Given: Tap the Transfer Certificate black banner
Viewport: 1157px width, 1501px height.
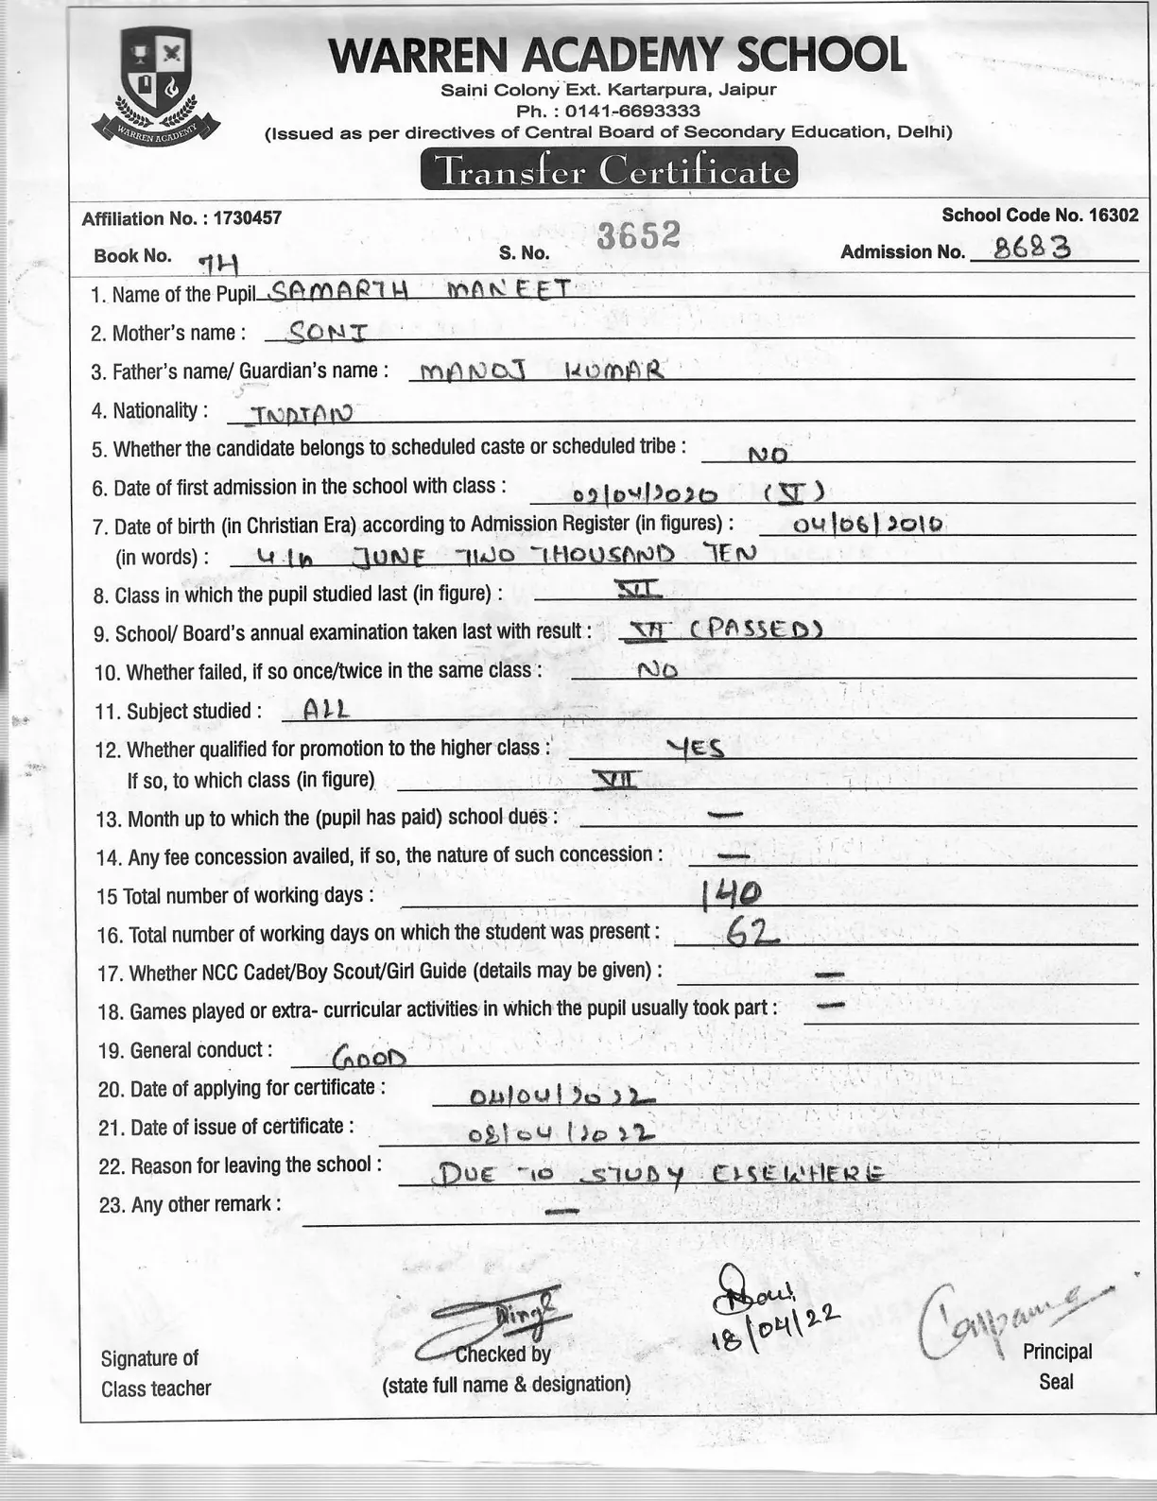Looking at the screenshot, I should coord(609,170).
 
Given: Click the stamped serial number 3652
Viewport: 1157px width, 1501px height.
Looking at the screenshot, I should coord(638,235).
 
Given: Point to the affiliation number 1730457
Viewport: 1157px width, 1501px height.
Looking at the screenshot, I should coord(247,218).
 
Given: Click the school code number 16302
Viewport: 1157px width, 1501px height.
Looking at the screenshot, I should coord(1113,216).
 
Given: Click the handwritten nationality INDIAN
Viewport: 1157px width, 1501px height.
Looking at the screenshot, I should coord(298,412).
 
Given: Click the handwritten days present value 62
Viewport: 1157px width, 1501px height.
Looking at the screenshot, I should coord(751,933).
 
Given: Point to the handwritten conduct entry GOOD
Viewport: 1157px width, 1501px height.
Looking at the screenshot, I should coord(370,1055).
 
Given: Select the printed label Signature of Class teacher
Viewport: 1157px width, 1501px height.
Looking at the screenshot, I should coord(156,1372).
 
